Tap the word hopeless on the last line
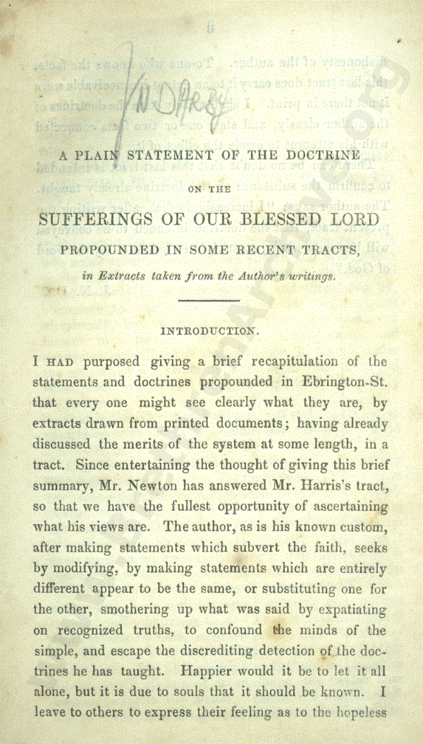360,712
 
